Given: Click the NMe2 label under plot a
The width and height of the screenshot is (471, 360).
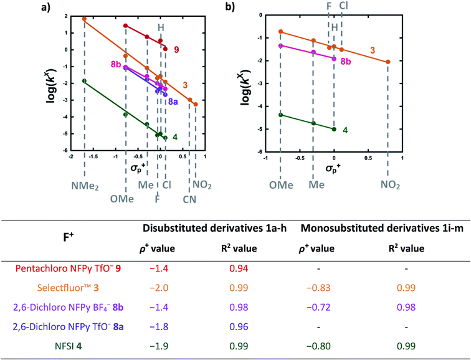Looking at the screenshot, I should click(x=84, y=185).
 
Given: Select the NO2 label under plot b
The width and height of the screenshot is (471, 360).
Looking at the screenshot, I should click(x=390, y=185).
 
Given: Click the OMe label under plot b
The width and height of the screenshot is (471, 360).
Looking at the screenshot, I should click(x=280, y=185).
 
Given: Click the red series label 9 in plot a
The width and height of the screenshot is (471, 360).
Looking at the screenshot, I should click(x=176, y=49).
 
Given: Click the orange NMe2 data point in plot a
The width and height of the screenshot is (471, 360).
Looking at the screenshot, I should click(x=84, y=19).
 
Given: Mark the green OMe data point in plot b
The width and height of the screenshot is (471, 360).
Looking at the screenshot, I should click(x=280, y=115).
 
